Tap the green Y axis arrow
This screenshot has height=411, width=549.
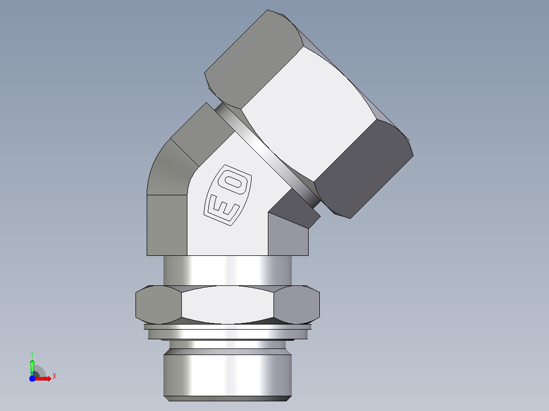point(32,367)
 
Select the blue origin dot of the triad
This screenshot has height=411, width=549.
point(32,378)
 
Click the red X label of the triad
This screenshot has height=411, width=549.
point(54,376)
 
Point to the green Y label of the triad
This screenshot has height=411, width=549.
point(32,354)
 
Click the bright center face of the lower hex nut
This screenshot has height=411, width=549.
point(228,304)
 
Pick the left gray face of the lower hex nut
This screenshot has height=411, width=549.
point(158,304)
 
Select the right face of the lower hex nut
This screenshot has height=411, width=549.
point(296,304)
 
